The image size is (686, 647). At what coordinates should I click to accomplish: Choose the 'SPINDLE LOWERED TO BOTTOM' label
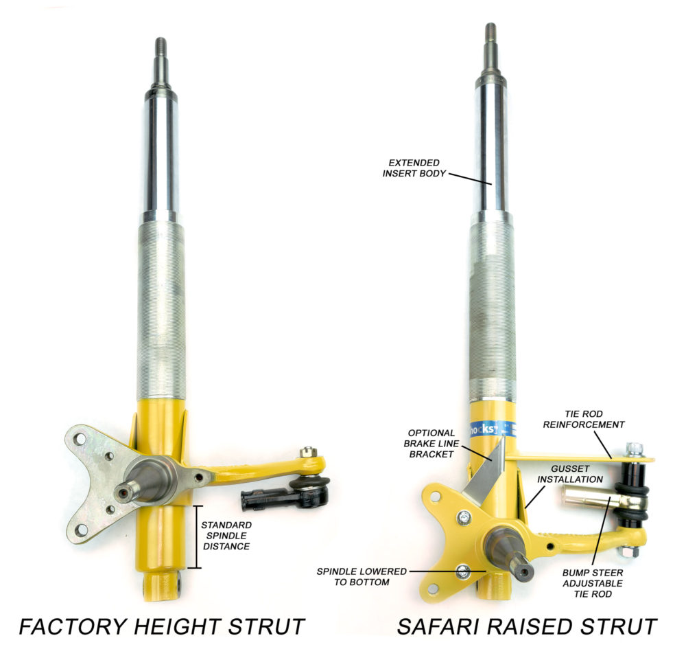(361, 576)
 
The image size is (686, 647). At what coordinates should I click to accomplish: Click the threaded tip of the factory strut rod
(160, 47)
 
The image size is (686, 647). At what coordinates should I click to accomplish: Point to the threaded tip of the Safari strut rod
(490, 33)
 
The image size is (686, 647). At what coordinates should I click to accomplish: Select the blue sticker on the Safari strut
(489, 429)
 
